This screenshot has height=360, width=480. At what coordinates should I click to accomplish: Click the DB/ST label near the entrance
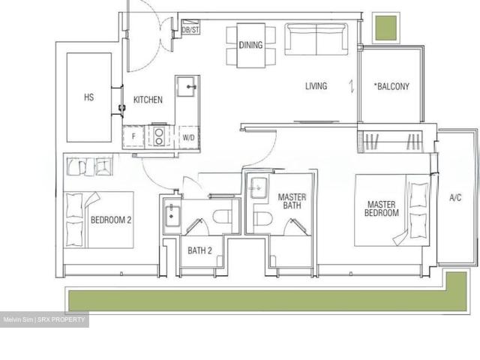(x=190, y=30)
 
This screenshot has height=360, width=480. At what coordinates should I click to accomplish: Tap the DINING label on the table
(x=250, y=45)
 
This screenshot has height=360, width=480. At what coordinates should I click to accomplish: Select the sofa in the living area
(x=316, y=39)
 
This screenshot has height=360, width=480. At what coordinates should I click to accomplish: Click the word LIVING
(x=316, y=86)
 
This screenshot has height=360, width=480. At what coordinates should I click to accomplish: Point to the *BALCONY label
(x=391, y=86)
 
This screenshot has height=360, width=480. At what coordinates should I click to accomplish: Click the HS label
(x=88, y=97)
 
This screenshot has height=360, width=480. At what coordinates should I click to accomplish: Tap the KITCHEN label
(x=148, y=100)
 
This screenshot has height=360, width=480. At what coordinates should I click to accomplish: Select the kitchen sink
(x=186, y=87)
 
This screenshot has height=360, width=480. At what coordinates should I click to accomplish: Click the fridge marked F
(x=133, y=136)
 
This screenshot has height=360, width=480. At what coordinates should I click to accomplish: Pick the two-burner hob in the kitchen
(x=159, y=136)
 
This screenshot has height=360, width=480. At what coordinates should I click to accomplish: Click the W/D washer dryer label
(x=188, y=138)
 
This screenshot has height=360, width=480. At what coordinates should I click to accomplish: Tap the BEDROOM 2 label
(x=111, y=220)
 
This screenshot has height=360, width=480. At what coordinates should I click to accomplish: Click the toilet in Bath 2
(x=223, y=217)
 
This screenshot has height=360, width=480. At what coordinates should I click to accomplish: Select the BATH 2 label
(x=199, y=250)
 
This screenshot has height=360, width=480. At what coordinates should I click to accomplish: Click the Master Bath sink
(x=259, y=188)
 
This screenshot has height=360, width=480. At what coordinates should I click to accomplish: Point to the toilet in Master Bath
(x=263, y=218)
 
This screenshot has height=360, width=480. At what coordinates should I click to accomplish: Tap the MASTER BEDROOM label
(x=382, y=208)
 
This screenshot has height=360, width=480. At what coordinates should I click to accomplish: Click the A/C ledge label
(x=455, y=198)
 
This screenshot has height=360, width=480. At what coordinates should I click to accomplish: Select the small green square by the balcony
(x=386, y=28)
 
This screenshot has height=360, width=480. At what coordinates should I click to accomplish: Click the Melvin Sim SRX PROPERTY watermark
(x=44, y=319)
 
